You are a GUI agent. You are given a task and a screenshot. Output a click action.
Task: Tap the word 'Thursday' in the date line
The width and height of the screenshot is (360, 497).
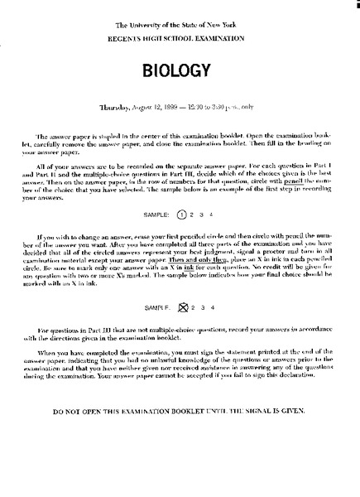coord(117,109)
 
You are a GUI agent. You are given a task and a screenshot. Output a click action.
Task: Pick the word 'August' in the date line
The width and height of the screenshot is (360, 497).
coord(151,109)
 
